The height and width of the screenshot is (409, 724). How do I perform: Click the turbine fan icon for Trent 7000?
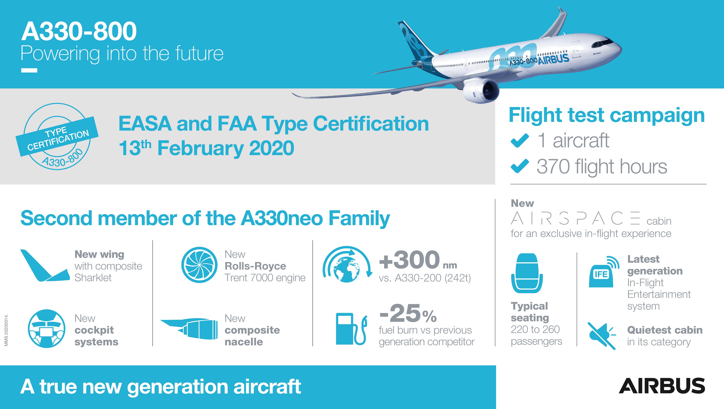pyautogui.click(x=199, y=265)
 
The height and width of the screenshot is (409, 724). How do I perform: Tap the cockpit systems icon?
pyautogui.click(x=47, y=329)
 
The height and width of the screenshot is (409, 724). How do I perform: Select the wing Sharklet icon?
pyautogui.click(x=45, y=265)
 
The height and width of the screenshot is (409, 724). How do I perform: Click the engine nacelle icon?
pyautogui.click(x=189, y=329)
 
